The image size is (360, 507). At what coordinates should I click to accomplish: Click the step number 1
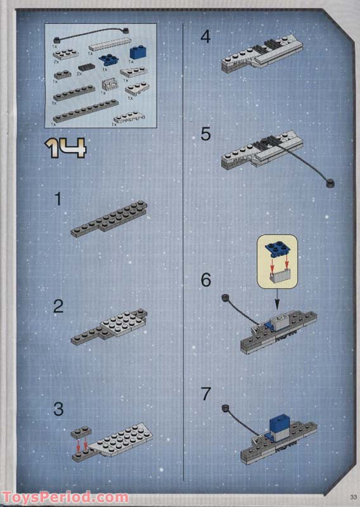[58, 200]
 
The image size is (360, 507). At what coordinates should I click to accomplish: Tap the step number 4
[205, 37]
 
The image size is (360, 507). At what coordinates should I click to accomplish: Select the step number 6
[205, 279]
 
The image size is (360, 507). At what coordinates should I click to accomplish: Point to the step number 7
[205, 394]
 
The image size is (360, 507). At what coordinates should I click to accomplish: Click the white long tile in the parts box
[109, 46]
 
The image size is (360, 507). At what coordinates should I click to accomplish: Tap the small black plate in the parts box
[84, 67]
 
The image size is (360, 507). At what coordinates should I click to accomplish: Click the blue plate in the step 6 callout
[277, 249]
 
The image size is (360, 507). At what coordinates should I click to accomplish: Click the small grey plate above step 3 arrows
[80, 432]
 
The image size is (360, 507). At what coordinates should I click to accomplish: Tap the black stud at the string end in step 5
[330, 184]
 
